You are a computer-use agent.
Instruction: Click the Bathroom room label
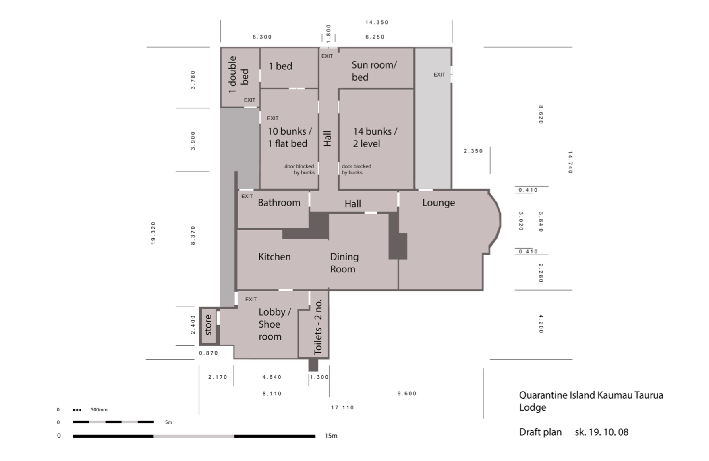tap(279, 203)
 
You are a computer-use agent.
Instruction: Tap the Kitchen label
tap(274, 257)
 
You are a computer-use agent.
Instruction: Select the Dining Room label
tap(344, 263)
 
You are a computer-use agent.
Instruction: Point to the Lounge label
tap(438, 203)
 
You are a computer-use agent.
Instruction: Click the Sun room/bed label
tap(374, 71)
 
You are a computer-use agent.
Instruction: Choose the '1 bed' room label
tap(280, 66)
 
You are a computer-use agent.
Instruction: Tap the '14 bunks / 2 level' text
tap(375, 137)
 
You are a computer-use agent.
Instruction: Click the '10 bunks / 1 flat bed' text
tap(290, 137)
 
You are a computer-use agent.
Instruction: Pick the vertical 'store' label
tap(208, 325)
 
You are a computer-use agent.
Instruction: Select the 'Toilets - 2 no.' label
tap(318, 327)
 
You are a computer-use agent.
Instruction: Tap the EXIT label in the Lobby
tap(251, 299)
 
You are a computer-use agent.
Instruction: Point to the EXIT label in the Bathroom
tap(247, 196)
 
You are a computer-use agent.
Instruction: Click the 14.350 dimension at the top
tap(377, 22)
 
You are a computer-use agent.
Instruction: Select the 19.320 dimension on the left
tap(153, 233)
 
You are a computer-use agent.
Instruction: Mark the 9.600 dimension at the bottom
tap(407, 393)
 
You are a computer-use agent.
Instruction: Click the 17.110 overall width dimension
tap(342, 407)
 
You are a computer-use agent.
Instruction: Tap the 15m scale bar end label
tap(331, 436)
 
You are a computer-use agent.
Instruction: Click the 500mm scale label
tap(99, 409)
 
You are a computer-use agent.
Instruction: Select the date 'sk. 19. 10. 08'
tap(601, 432)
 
